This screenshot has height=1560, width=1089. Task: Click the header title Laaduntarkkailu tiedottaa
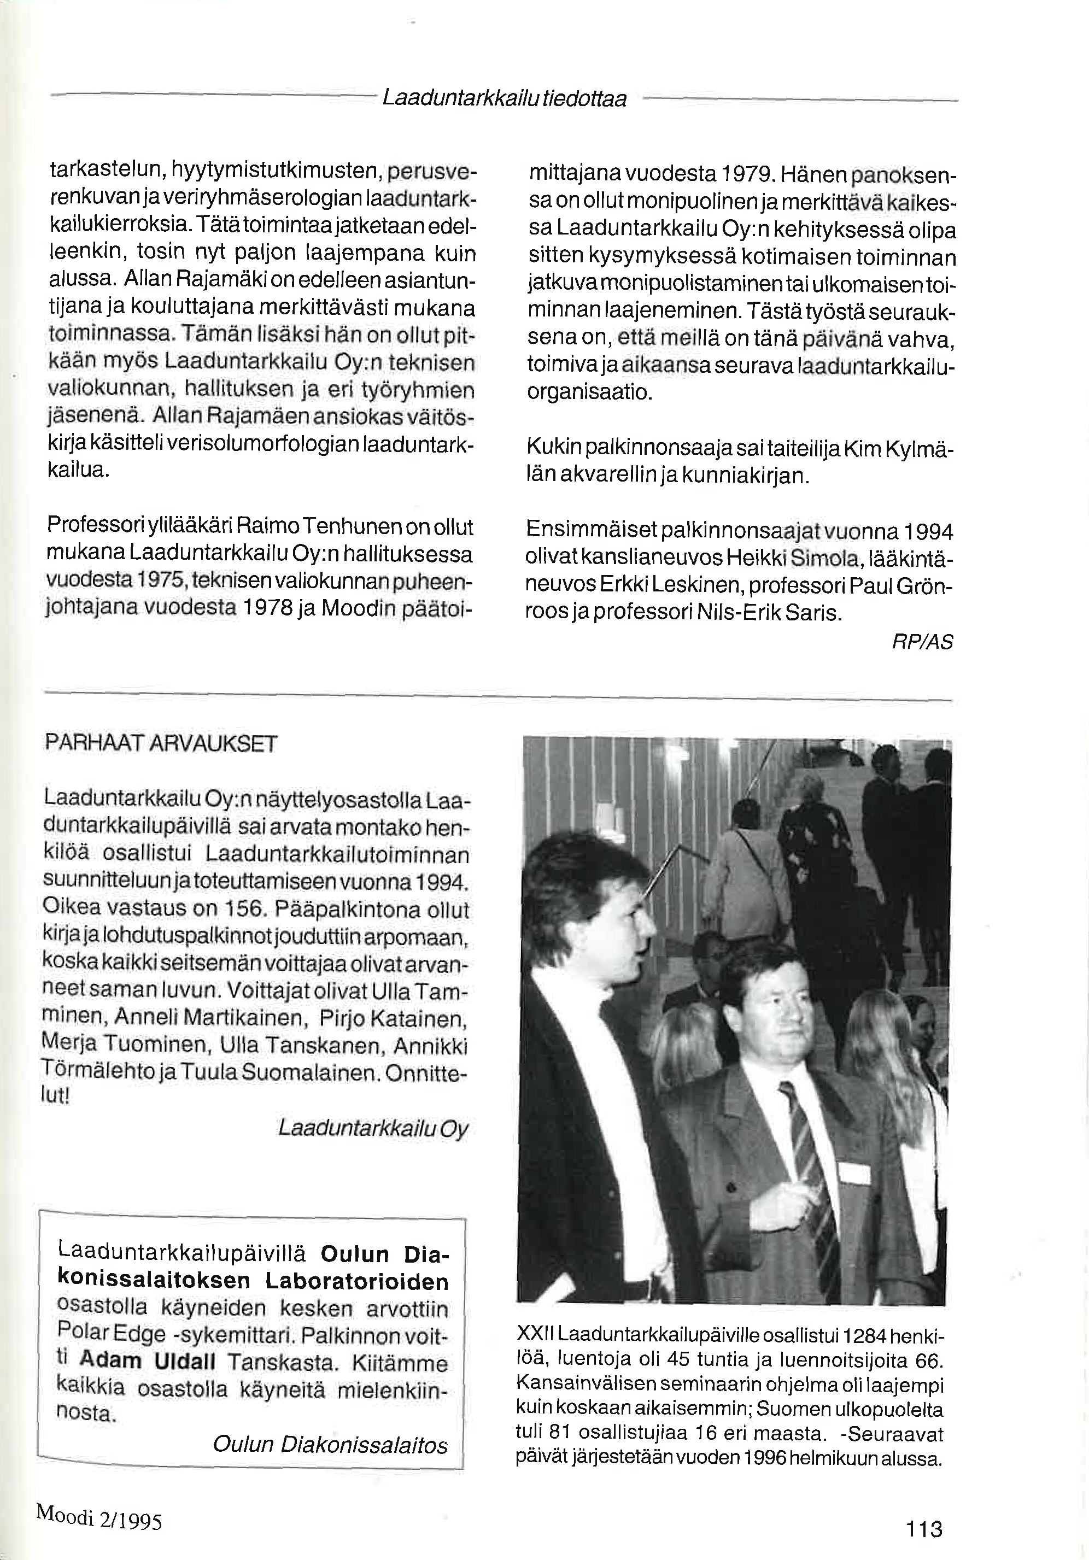[504, 99]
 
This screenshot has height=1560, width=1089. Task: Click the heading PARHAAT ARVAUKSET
[161, 743]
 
